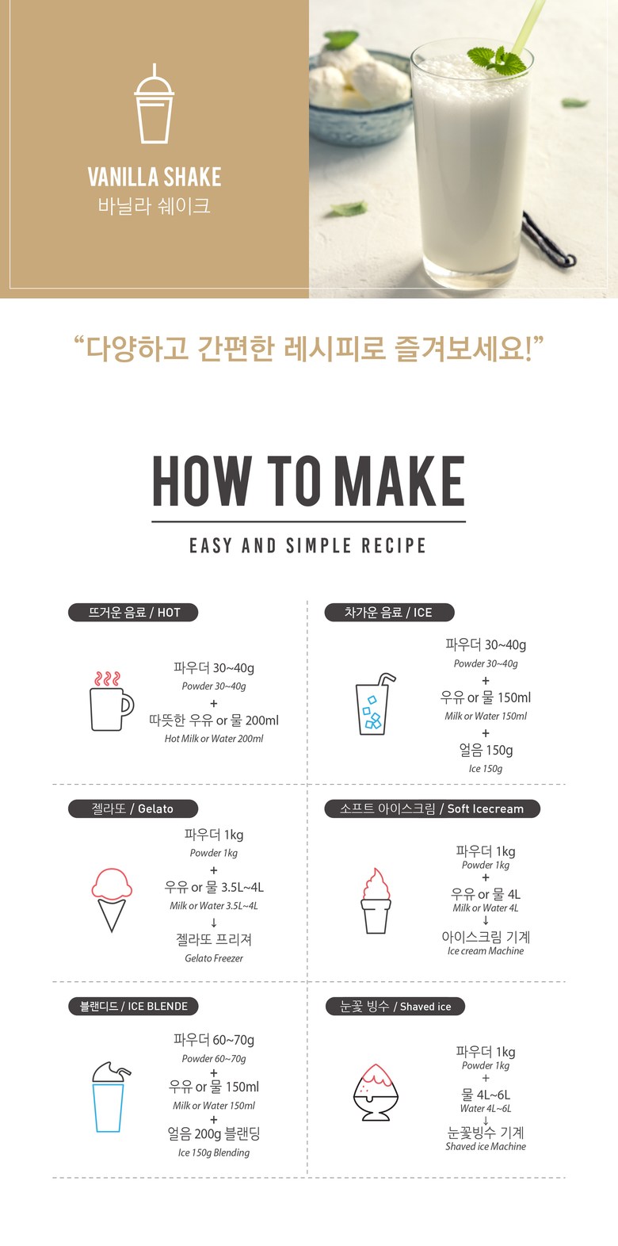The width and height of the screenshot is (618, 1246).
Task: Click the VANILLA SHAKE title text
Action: pyautogui.click(x=154, y=178)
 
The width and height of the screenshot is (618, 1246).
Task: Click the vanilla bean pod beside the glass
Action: pyautogui.click(x=548, y=239)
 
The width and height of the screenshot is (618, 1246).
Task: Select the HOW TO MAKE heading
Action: pyautogui.click(x=309, y=481)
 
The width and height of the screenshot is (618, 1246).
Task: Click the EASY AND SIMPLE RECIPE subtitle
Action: pyautogui.click(x=308, y=545)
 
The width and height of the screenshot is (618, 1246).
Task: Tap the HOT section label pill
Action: pyautogui.click(x=133, y=613)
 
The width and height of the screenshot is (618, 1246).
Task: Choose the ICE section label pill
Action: pyautogui.click(x=389, y=613)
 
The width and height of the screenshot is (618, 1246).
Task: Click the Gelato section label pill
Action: pyautogui.click(x=133, y=808)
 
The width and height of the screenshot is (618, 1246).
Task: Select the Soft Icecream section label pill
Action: pyautogui.click(x=433, y=808)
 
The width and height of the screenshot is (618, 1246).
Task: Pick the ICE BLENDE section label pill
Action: pyautogui.click(x=133, y=1007)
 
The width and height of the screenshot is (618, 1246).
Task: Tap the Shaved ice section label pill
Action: pyautogui.click(x=395, y=1007)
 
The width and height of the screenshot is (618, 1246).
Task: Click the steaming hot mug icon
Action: pyautogui.click(x=112, y=701)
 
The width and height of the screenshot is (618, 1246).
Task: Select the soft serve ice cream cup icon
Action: pyautogui.click(x=376, y=900)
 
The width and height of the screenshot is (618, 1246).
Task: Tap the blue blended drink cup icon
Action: pyautogui.click(x=109, y=1097)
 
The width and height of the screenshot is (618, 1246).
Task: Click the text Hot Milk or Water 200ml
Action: pyautogui.click(x=214, y=739)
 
